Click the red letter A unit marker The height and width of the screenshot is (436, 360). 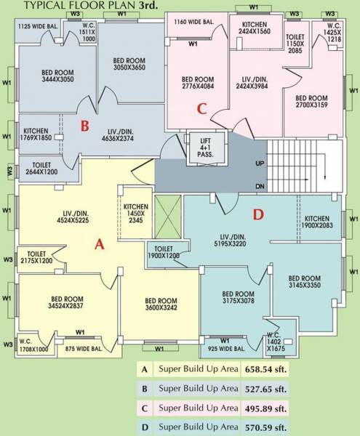click(100, 245)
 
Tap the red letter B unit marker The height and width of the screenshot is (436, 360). click(84, 126)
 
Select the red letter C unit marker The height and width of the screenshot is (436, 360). click(203, 109)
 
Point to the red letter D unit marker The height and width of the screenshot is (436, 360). click(257, 214)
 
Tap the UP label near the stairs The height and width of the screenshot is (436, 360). click(260, 163)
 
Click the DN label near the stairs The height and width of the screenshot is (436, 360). click(260, 186)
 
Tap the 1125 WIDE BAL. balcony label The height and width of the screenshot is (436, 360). click(37, 26)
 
